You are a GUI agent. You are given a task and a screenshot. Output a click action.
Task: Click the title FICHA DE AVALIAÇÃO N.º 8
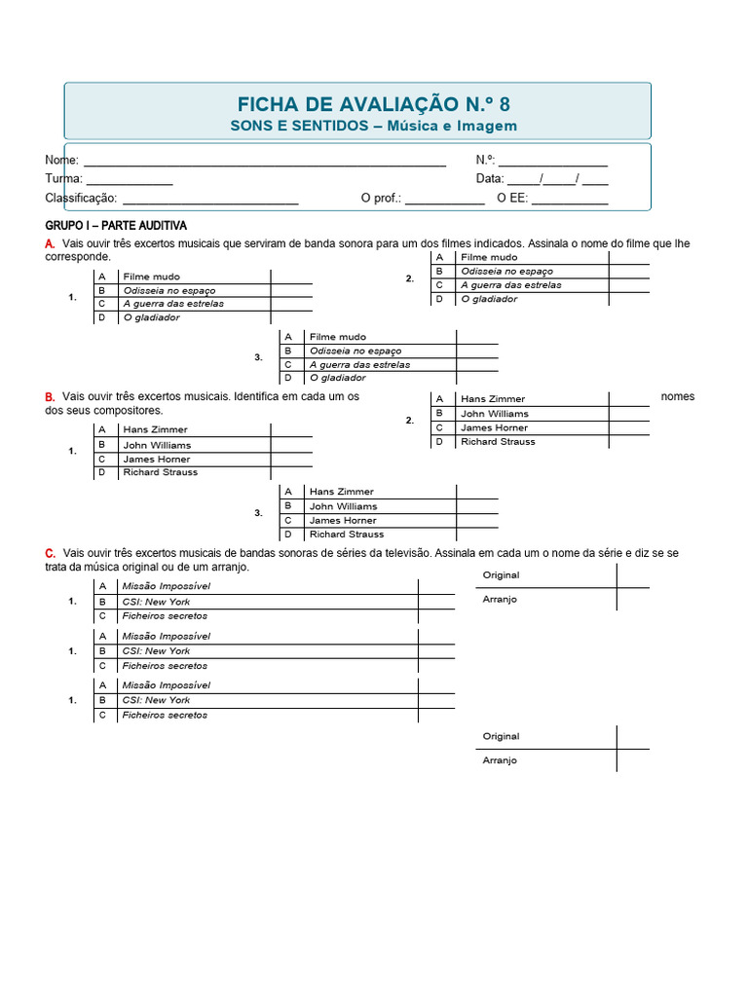(x=373, y=104)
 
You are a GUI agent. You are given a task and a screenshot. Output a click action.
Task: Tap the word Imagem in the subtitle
(x=487, y=127)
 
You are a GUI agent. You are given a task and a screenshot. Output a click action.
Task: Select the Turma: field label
(x=63, y=179)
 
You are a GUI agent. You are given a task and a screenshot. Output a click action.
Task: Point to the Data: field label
(x=490, y=179)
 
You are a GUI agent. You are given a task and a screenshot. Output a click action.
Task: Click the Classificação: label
(x=81, y=199)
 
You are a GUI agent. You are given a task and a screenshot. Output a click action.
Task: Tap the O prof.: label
(x=381, y=199)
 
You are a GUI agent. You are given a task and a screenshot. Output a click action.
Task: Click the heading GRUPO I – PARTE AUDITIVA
(x=116, y=226)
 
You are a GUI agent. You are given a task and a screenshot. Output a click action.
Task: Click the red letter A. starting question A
(x=50, y=243)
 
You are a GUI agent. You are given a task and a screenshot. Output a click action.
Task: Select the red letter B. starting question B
(x=50, y=397)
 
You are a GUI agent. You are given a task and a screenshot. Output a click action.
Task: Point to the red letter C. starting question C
(x=50, y=553)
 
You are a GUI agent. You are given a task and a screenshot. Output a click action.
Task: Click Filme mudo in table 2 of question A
(x=489, y=257)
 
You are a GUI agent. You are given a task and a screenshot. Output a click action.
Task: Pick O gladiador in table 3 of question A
(x=338, y=378)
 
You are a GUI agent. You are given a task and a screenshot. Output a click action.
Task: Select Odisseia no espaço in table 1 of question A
(x=169, y=290)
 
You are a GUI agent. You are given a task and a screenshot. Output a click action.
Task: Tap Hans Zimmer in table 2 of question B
(x=493, y=399)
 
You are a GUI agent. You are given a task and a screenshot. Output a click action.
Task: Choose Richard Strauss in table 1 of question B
(x=160, y=472)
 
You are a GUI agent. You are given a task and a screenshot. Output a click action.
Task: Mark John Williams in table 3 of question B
(x=343, y=506)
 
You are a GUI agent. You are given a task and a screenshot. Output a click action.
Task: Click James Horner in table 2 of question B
(x=494, y=427)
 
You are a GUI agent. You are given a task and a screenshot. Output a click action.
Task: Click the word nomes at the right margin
(x=677, y=397)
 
